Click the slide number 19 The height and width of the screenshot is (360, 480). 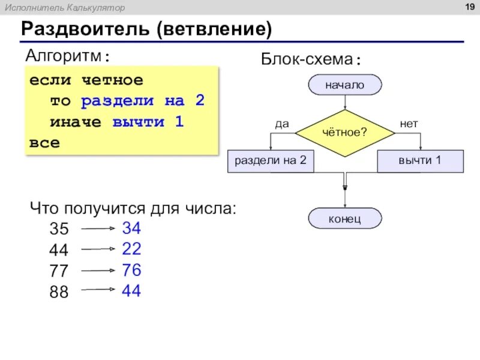(470, 7)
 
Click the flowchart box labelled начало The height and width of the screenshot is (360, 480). (345, 85)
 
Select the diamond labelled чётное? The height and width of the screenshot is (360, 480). (344, 131)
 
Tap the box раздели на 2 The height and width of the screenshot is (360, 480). (271, 161)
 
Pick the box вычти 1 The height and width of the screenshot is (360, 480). (420, 161)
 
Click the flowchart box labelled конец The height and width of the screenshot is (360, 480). (344, 218)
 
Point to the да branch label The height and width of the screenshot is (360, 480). (281, 124)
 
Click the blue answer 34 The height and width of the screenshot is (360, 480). (131, 228)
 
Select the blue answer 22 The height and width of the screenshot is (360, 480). (131, 249)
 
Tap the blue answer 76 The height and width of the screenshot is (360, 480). (131, 270)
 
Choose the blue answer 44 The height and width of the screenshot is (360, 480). (131, 291)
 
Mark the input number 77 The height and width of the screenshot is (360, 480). (59, 271)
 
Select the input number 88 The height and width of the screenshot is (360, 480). (59, 292)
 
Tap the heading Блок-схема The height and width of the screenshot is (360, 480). (310, 59)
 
